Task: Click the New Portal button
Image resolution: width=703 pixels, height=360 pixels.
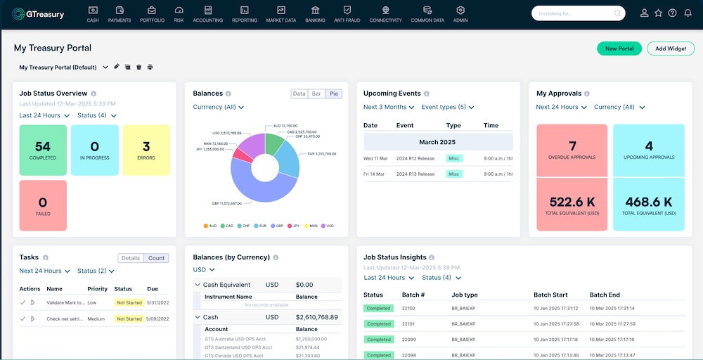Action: tap(619, 49)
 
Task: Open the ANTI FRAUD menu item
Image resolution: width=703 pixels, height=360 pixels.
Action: tap(347, 14)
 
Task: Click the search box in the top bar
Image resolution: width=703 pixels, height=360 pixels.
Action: tap(573, 13)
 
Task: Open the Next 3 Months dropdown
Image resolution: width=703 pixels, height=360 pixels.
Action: tap(389, 108)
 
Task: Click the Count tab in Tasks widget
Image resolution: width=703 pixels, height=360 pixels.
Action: tap(156, 258)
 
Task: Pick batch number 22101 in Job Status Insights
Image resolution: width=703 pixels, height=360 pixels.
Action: tap(408, 324)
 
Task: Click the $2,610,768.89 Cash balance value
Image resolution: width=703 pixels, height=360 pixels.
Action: tap(315, 317)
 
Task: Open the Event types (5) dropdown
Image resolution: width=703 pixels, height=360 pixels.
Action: tap(447, 108)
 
